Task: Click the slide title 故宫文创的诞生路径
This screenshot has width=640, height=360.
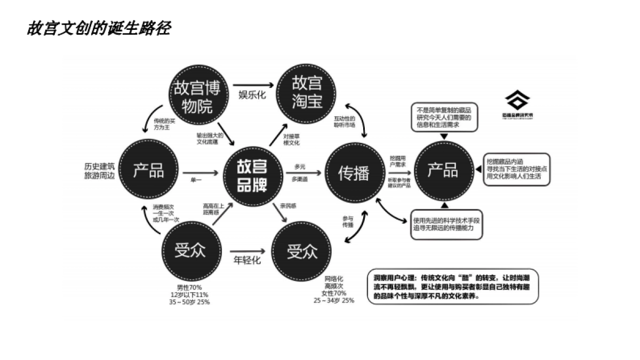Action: point(99,28)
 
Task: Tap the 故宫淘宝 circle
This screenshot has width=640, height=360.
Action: point(307,93)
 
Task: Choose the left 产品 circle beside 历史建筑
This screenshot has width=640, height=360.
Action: point(148,172)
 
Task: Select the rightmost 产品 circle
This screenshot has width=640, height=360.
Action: point(443,171)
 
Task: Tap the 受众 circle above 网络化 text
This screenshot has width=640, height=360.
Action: point(302,251)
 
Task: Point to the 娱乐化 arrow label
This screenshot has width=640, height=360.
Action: point(252,95)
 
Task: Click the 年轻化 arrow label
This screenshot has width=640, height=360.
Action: point(247,261)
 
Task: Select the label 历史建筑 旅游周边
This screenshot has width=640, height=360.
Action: point(99,171)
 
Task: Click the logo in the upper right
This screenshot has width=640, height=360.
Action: point(517,103)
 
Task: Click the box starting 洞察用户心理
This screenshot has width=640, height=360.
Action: point(453,286)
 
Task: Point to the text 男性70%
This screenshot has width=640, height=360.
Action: point(189,287)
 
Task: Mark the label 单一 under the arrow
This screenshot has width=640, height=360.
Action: point(196,181)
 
